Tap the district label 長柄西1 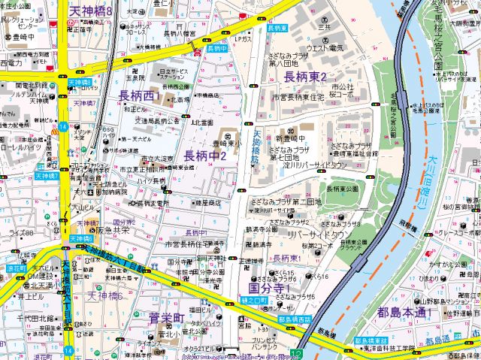[140, 95]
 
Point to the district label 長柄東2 [304, 77]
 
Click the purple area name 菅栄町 [166, 319]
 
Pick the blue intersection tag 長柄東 [277, 28]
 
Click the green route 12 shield [298, 353]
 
